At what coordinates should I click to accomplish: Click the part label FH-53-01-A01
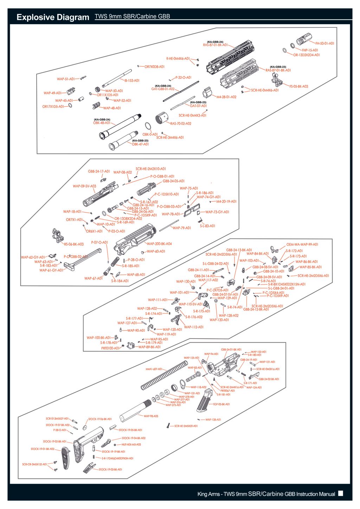[324, 44]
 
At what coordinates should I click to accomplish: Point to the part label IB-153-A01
[132, 80]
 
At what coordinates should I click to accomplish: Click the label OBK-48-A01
[102, 123]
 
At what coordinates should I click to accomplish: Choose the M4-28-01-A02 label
[226, 97]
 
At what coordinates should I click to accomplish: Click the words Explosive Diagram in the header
[53, 17]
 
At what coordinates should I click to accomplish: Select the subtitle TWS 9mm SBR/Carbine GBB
[132, 17]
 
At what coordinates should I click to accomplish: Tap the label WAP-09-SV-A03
[84, 186]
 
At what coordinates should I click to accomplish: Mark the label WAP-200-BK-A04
[159, 244]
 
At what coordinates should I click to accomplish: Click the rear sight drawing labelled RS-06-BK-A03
[56, 234]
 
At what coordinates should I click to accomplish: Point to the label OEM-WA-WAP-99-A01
[302, 245]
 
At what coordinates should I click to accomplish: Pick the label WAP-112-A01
[194, 327]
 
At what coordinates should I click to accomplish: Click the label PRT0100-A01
[110, 348]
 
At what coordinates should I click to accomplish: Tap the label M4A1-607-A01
[154, 369]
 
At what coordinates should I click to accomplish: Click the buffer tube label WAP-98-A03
[151, 416]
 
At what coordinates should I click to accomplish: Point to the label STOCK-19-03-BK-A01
[110, 470]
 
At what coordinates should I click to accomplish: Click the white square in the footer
[340, 493]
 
